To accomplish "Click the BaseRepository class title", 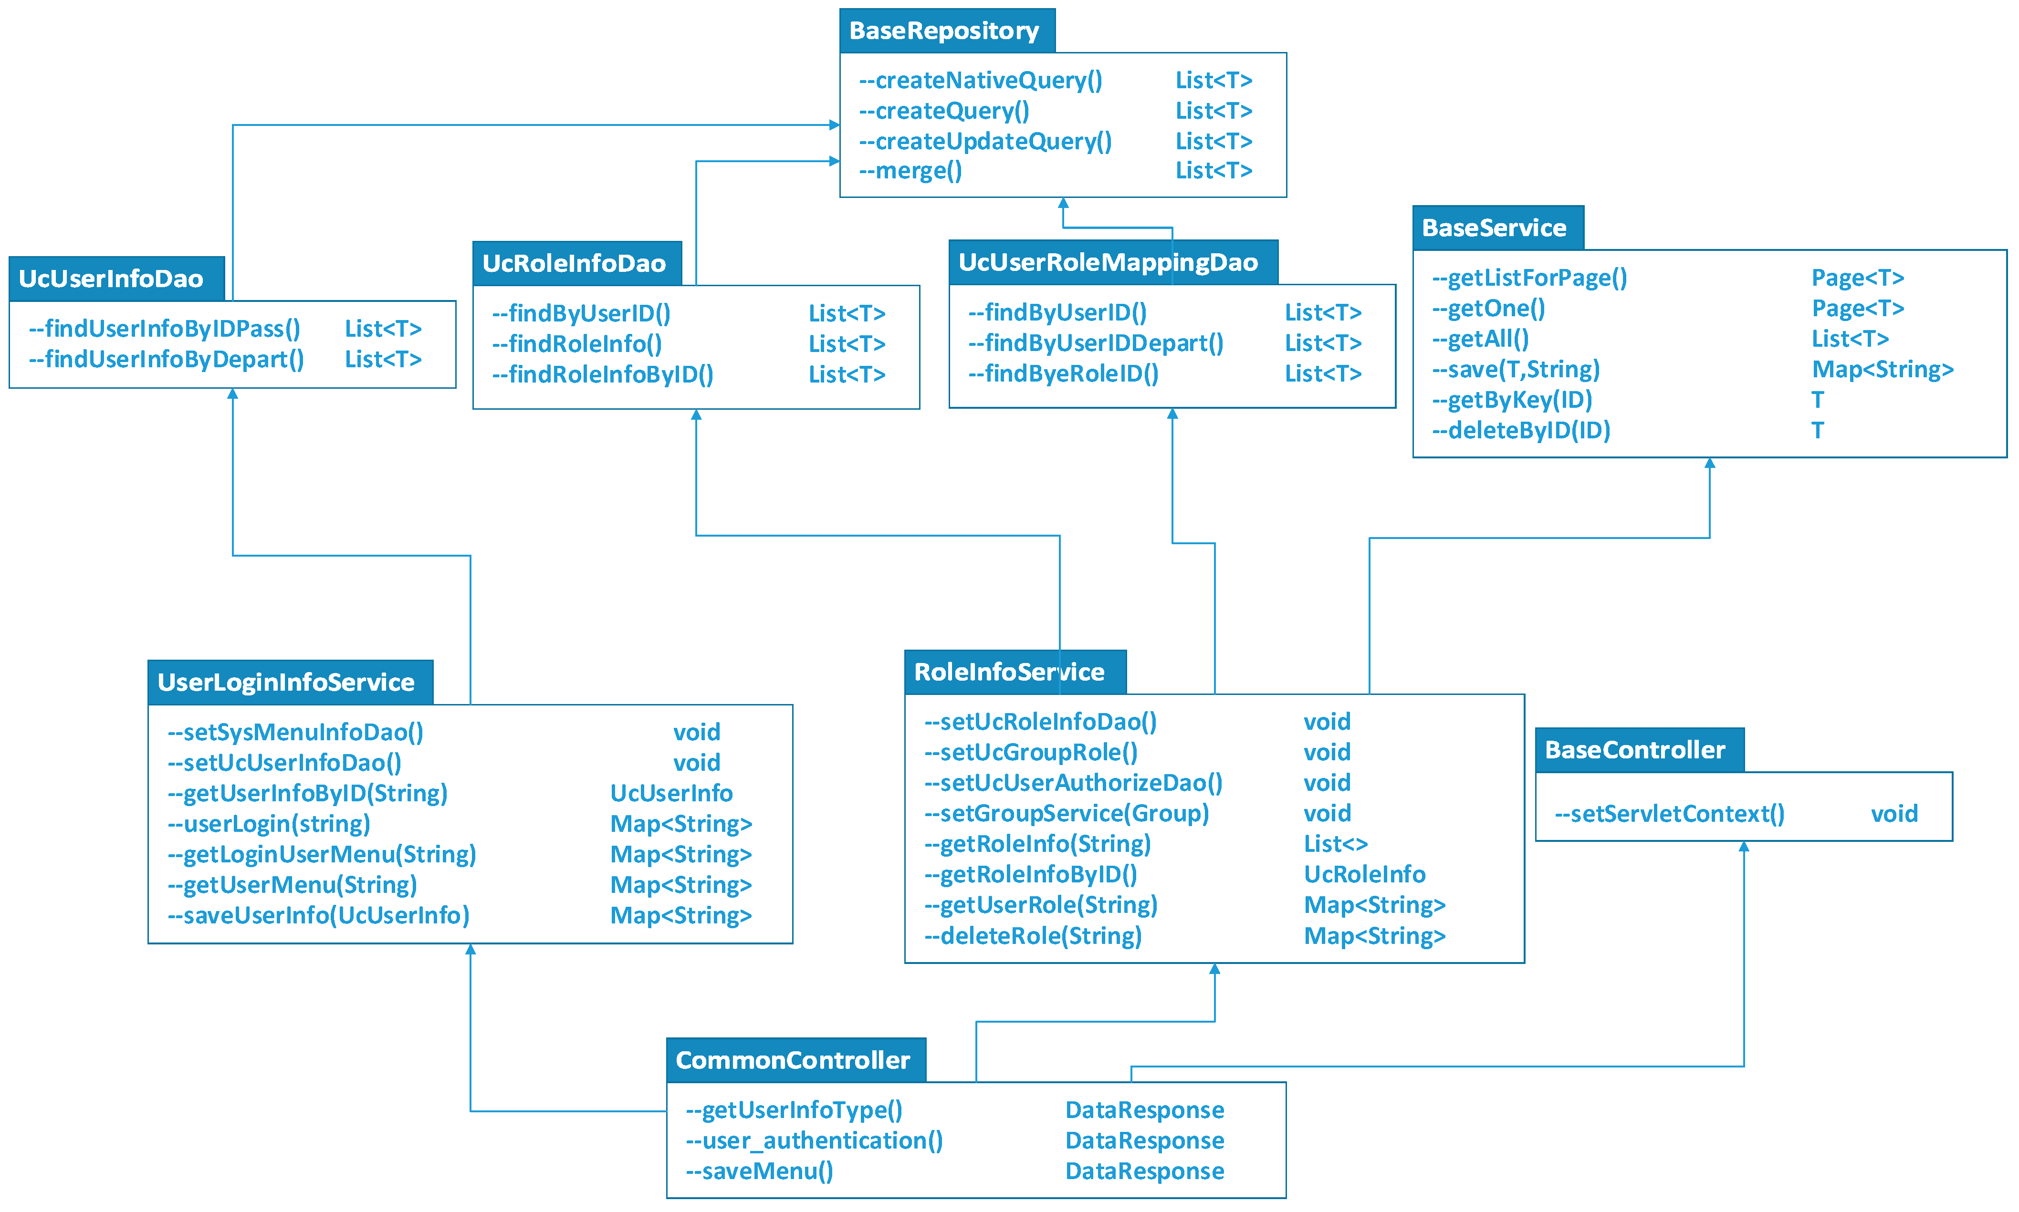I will coord(944,31).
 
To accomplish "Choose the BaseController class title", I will coord(1634,750).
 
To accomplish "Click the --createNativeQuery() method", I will coord(981,80).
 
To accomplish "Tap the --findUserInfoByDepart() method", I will coord(166,359).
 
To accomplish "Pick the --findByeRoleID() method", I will coord(1063,374).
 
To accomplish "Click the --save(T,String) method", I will coord(1516,369).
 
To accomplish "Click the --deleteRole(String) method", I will coord(1033,936).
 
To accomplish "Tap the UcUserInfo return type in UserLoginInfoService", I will coord(671,793).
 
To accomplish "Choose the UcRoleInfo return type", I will coord(1364,875).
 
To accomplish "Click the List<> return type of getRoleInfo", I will coord(1335,844).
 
